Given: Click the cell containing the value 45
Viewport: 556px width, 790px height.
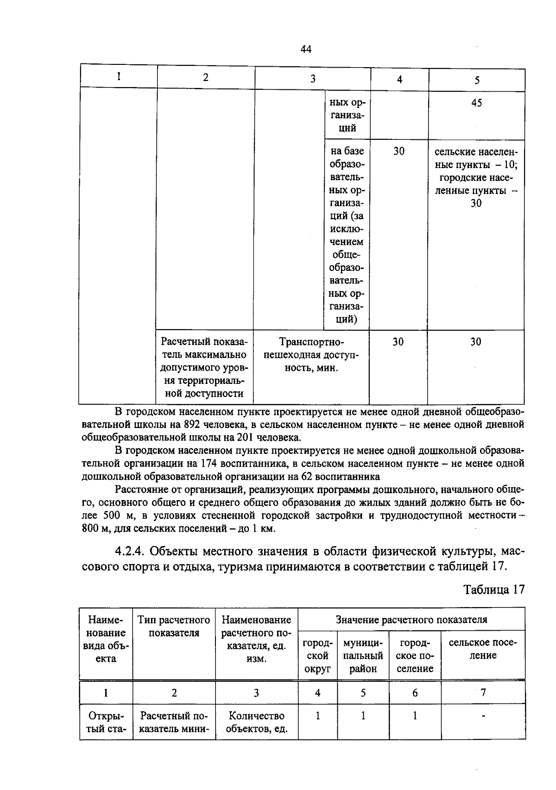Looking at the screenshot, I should pos(476,103).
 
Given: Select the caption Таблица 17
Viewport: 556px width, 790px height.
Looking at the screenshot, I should pos(494,589).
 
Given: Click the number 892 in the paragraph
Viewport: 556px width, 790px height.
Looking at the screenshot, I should pos(192,424).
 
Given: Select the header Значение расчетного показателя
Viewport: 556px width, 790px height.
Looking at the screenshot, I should pos(411,620).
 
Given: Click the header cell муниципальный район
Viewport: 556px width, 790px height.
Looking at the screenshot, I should pos(363,656).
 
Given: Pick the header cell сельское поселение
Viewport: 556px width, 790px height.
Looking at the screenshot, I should pos(482,649).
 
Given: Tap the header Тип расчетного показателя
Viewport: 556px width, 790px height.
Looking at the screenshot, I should pos(174,626).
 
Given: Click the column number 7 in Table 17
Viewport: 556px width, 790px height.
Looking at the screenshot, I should pos(483,693).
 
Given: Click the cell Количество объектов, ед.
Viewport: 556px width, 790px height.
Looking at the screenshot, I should pos(256,722).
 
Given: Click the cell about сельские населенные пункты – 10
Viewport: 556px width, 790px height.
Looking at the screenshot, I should pos(476,177).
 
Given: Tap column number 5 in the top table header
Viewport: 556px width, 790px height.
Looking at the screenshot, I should pos(477,80).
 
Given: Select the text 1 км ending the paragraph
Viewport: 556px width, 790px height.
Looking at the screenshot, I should pos(264,528).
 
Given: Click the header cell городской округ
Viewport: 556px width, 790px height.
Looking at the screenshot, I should pos(317,656).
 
